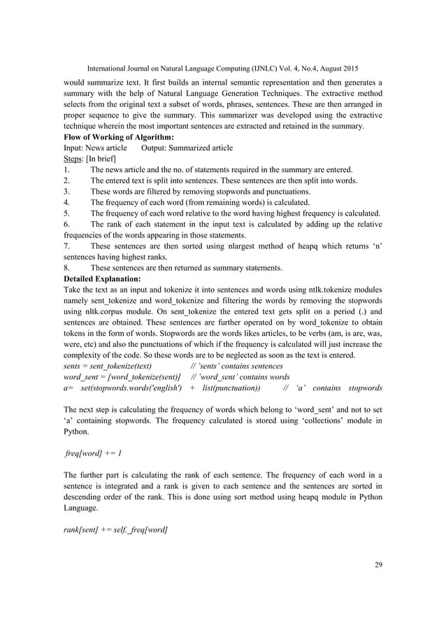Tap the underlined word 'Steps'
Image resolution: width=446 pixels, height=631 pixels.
[73, 159]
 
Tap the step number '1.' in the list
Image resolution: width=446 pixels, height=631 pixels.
[66, 170]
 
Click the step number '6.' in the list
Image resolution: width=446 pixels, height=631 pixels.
[66, 224]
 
